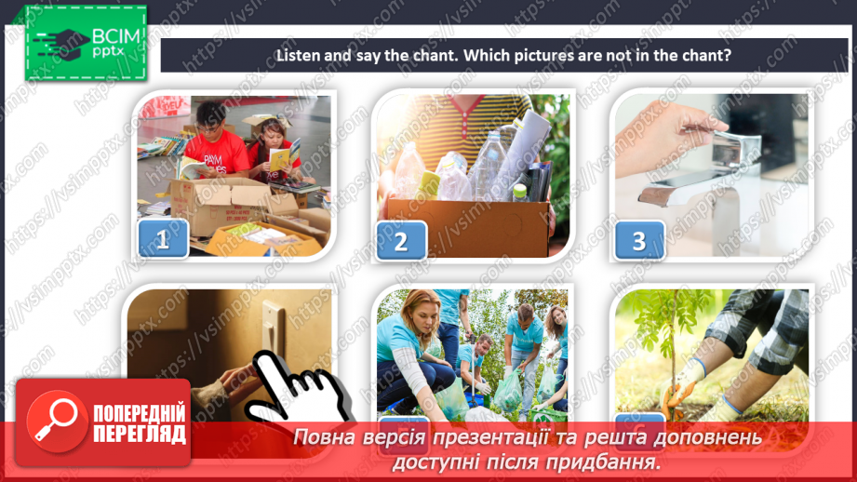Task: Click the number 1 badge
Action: pyautogui.click(x=164, y=239)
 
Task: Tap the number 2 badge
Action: pyautogui.click(x=401, y=241)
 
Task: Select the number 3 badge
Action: pyautogui.click(x=639, y=241)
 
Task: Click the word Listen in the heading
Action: pyautogui.click(x=298, y=55)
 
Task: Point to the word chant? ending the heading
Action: pyautogui.click(x=703, y=55)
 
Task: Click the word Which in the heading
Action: pyautogui.click(x=489, y=55)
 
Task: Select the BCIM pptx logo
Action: pyautogui.click(x=87, y=43)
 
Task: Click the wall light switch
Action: pyautogui.click(x=273, y=326)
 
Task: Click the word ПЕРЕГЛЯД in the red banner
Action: pyautogui.click(x=139, y=434)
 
